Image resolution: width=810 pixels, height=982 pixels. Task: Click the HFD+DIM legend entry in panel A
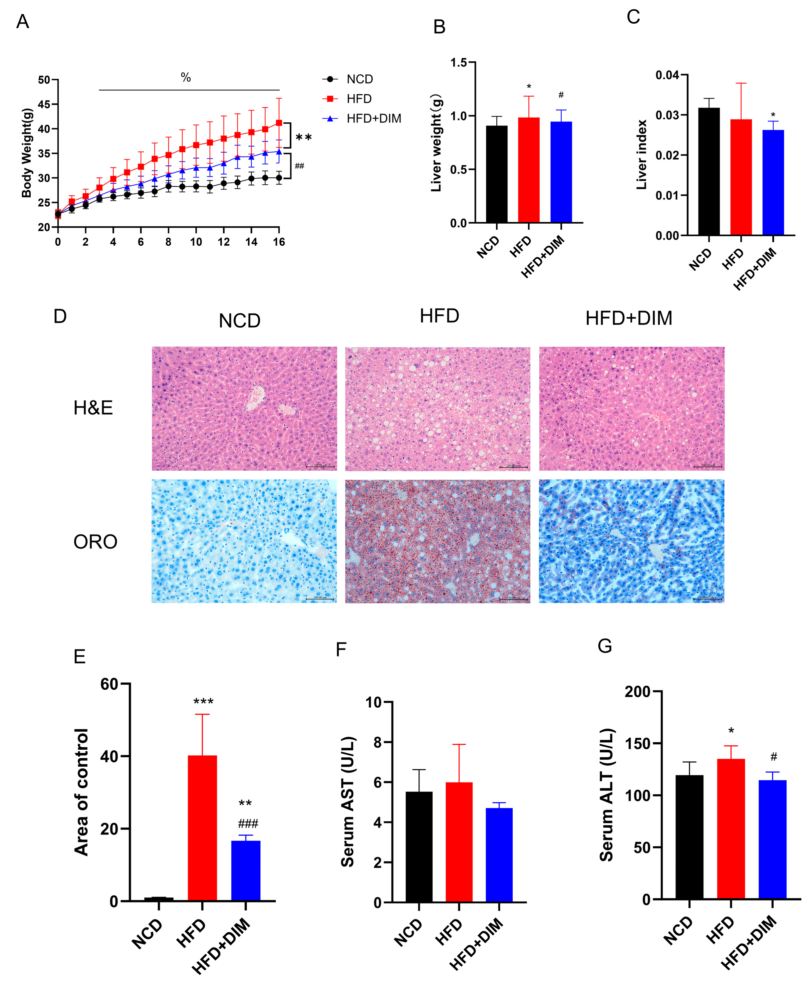click(x=373, y=119)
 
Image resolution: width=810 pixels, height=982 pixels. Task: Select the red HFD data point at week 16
click(x=279, y=123)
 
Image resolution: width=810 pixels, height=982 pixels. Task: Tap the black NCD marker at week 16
click(x=279, y=177)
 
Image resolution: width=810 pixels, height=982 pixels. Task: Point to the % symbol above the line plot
click(x=186, y=78)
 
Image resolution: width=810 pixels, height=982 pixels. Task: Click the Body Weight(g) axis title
click(x=27, y=153)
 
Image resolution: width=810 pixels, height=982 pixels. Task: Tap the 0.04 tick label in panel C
click(x=667, y=75)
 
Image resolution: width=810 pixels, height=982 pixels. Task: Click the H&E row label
click(x=93, y=408)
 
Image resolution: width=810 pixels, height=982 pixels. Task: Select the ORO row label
click(x=95, y=542)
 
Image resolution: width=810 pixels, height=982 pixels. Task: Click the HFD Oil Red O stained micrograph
click(x=437, y=541)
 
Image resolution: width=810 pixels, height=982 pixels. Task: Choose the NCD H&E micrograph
click(x=244, y=408)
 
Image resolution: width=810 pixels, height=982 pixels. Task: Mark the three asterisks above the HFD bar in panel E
click(x=203, y=702)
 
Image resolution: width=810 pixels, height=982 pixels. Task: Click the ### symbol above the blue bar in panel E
click(x=248, y=824)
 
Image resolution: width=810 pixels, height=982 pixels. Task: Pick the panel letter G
click(x=605, y=646)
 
